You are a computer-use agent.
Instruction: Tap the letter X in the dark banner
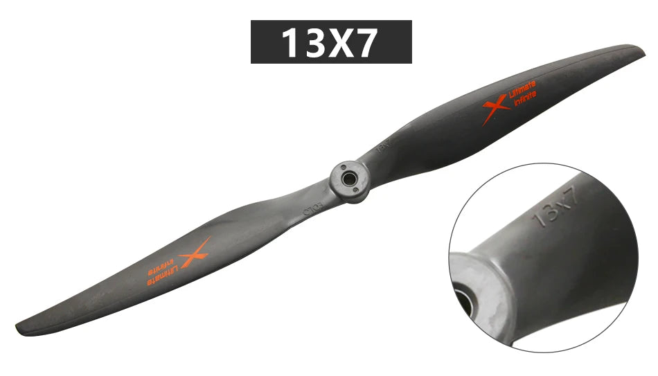click(x=337, y=43)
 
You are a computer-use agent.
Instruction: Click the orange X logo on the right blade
click(x=495, y=109)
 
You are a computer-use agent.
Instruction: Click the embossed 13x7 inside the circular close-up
click(x=555, y=206)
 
